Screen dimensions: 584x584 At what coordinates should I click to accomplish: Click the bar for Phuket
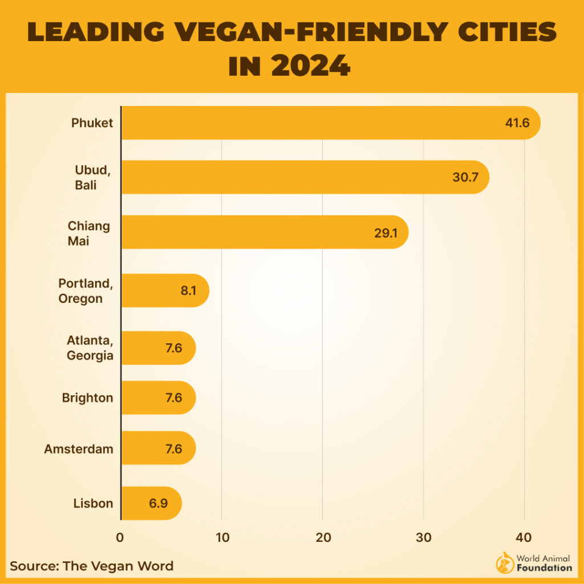pyautogui.click(x=319, y=123)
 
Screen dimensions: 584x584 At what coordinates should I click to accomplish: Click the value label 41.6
pyautogui.click(x=517, y=123)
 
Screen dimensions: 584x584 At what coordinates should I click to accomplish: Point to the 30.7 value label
pyautogui.click(x=465, y=177)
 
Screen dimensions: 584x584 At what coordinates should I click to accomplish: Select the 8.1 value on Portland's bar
pyautogui.click(x=188, y=290)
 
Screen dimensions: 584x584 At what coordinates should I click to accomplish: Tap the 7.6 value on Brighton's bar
pyautogui.click(x=173, y=398)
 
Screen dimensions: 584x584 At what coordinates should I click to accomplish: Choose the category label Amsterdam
pyautogui.click(x=79, y=449)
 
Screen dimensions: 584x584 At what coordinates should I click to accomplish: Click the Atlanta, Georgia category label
pyautogui.click(x=87, y=348)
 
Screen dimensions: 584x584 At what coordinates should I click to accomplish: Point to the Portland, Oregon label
pyautogui.click(x=80, y=291)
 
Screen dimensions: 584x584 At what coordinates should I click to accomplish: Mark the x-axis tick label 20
pyautogui.click(x=323, y=537)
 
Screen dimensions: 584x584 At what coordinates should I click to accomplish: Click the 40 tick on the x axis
pyautogui.click(x=524, y=537)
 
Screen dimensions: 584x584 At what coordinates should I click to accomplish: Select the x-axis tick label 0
pyautogui.click(x=120, y=537)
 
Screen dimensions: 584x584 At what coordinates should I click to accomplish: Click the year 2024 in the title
pyautogui.click(x=311, y=66)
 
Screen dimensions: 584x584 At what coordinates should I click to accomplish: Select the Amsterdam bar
pyautogui.click(x=158, y=448)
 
